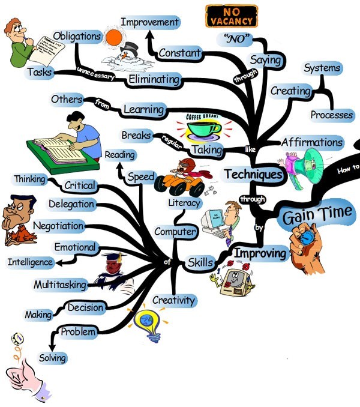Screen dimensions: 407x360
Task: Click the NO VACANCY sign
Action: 231,16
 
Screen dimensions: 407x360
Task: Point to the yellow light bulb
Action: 148,324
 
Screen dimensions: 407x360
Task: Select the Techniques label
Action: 253,175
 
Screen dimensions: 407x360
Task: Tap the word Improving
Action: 260,253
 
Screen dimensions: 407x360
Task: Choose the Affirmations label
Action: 312,143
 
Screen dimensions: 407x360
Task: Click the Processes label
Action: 331,115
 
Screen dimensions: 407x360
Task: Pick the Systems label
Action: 322,68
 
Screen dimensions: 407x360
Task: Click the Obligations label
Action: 77,36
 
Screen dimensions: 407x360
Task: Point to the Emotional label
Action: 75,247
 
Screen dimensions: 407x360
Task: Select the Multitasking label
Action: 60,284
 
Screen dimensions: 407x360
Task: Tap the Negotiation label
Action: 58,226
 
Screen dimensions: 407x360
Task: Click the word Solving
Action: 52,358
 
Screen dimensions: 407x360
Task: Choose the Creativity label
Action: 173,300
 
